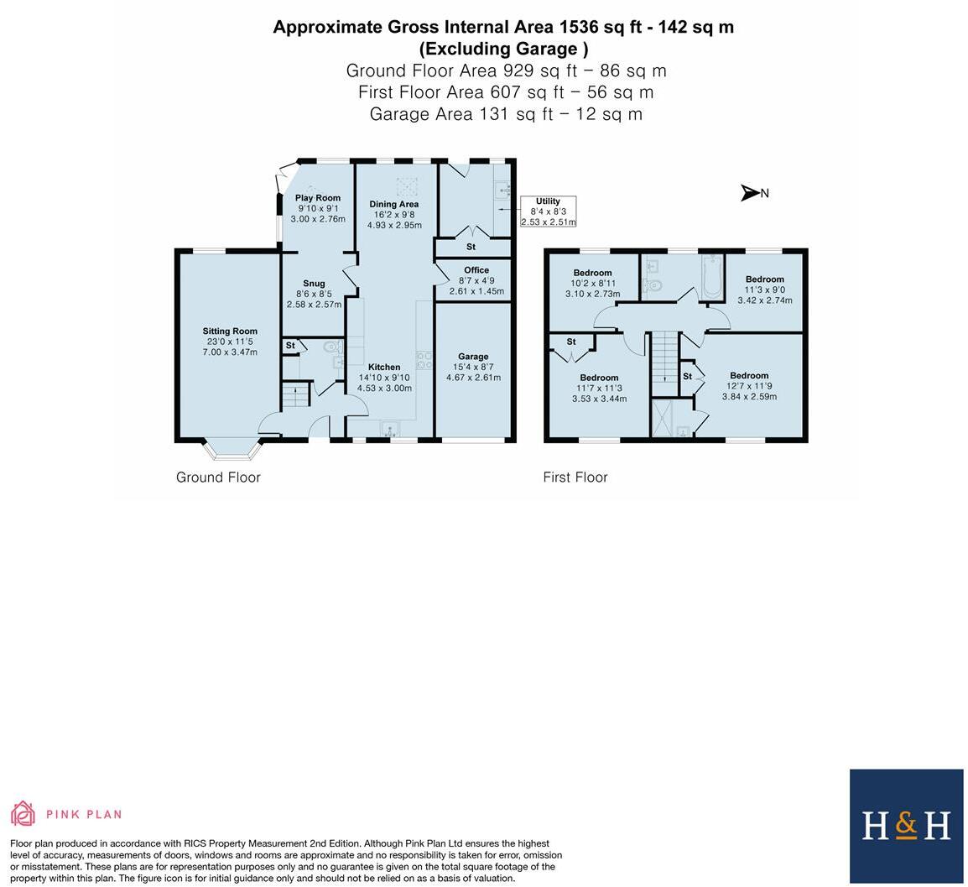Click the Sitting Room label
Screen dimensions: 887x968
[x=229, y=331]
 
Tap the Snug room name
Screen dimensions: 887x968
[x=314, y=284]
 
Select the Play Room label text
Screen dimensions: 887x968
[x=318, y=198]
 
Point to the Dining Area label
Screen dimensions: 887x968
[x=394, y=204]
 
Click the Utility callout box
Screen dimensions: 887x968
[x=548, y=211]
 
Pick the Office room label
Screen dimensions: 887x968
[x=476, y=270]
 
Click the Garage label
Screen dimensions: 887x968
[x=473, y=357]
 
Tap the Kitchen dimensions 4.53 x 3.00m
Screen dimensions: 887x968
[x=384, y=389]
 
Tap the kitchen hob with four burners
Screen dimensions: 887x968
[x=424, y=361]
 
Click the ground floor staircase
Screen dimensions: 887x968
[x=294, y=395]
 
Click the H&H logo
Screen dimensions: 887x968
[x=906, y=826]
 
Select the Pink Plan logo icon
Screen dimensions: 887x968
[x=23, y=813]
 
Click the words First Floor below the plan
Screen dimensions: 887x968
[x=575, y=477]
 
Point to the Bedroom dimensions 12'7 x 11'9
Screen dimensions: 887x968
[x=749, y=387]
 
